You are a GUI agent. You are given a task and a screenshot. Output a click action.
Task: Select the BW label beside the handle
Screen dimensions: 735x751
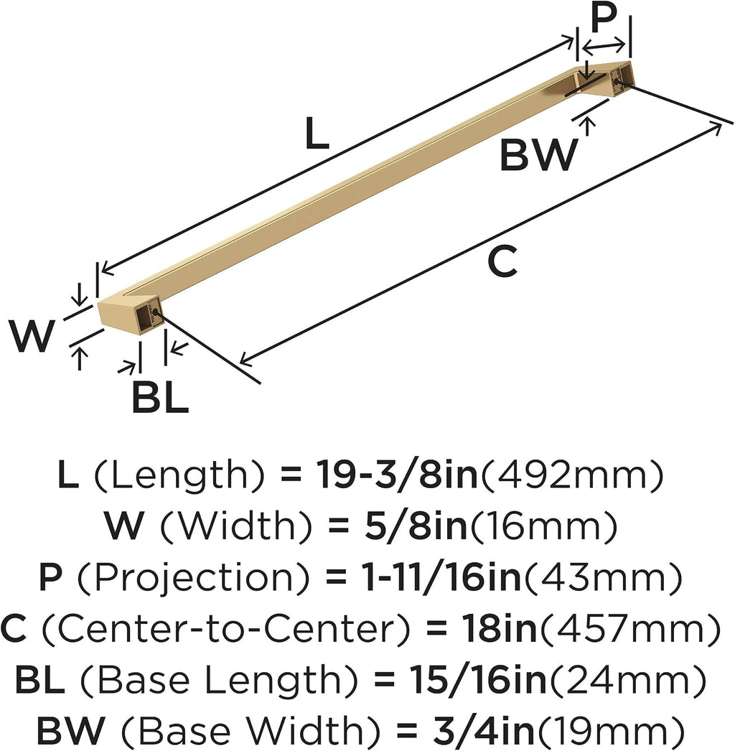coord(538,154)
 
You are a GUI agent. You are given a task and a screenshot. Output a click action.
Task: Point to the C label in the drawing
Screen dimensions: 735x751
coord(502,261)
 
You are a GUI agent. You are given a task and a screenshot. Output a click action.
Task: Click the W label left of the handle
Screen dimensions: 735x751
coord(31,336)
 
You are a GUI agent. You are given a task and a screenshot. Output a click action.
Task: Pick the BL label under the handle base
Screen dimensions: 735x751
coord(160,397)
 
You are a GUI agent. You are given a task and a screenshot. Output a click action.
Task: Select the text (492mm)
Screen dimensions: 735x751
coord(573,475)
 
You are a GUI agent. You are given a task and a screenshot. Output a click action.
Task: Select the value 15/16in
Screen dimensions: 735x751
coord(477,680)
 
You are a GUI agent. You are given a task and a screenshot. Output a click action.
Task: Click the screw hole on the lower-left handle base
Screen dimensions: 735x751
coord(155,312)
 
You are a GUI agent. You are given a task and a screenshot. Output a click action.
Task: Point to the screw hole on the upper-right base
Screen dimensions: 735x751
coord(617,81)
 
